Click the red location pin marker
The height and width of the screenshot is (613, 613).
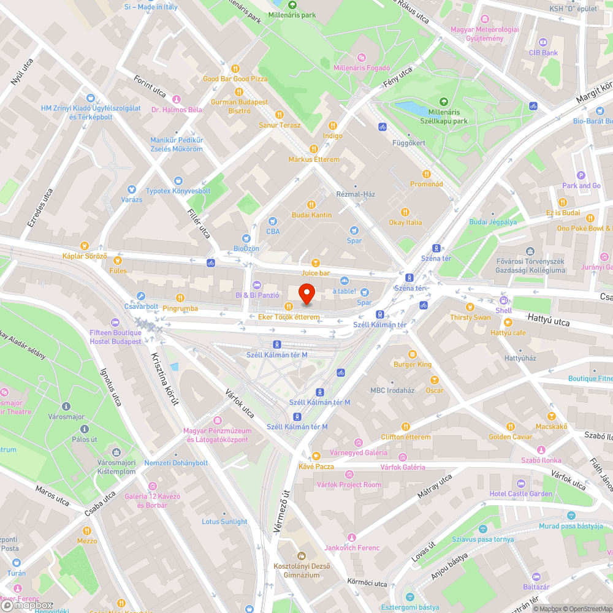(306, 294)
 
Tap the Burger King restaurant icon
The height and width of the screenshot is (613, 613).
(413, 354)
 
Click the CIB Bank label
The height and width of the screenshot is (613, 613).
(543, 53)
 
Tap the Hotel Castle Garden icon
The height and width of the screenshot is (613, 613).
(520, 484)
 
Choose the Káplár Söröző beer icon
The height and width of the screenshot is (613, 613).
(85, 245)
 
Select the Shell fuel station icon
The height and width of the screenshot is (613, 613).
(504, 300)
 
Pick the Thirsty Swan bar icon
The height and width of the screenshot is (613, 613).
(470, 307)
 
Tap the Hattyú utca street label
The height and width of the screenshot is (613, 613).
(548, 322)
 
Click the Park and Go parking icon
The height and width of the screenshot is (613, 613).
(581, 175)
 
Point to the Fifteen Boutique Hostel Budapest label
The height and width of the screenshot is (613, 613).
(115, 337)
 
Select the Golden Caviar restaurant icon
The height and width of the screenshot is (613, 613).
(510, 427)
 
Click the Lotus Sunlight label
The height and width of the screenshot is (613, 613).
(224, 522)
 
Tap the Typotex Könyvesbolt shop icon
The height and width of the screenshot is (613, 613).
(178, 181)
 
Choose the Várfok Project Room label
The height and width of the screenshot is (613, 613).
(349, 484)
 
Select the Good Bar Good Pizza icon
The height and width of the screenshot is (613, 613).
(235, 69)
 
